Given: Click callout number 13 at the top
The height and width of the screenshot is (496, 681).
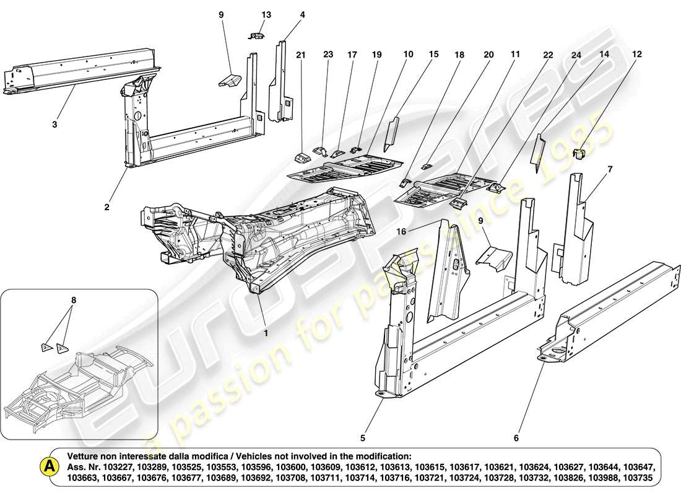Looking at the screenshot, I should (266, 14).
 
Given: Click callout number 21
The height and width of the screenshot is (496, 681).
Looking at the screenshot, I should (301, 55).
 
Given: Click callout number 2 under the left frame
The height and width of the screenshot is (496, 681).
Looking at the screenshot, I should (106, 207).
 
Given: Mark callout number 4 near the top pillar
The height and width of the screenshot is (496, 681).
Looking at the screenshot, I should (303, 14).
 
